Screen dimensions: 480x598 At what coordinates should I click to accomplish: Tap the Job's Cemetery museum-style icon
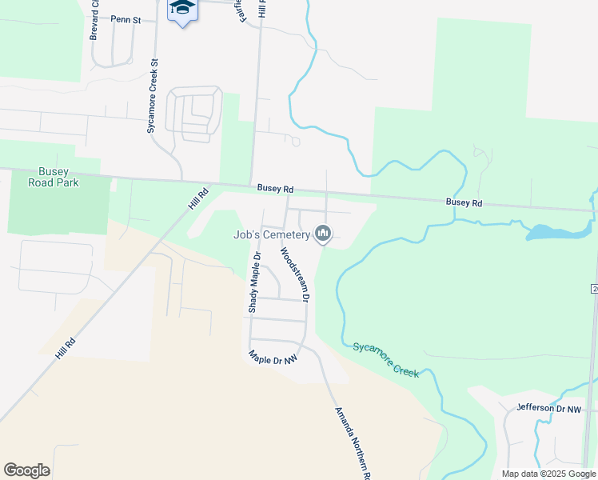pyautogui.click(x=323, y=233)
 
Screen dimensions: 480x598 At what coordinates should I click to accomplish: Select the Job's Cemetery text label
pyautogui.click(x=271, y=234)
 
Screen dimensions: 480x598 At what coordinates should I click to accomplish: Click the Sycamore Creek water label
pyautogui.click(x=385, y=359)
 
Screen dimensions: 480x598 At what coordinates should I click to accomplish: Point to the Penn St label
pyautogui.click(x=126, y=20)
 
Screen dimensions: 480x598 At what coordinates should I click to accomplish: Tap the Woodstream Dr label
pyautogui.click(x=293, y=274)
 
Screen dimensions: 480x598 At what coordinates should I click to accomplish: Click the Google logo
pyautogui.click(x=26, y=470)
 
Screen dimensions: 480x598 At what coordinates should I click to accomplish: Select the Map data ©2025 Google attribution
pyautogui.click(x=548, y=474)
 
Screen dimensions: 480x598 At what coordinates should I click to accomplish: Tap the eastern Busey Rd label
pyautogui.click(x=464, y=203)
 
